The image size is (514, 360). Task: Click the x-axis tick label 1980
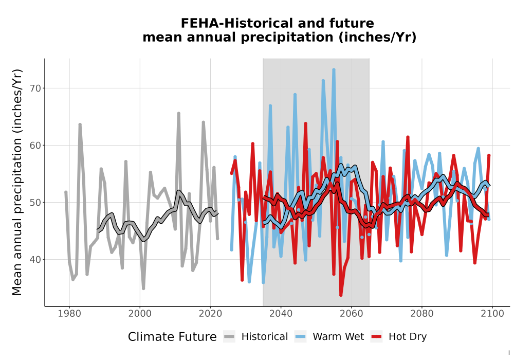tap(69, 314)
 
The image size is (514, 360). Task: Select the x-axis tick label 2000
tap(140, 314)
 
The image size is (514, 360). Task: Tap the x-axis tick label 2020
tap(210, 314)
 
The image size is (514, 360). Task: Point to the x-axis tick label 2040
tap(281, 314)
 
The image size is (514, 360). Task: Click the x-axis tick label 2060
tap(352, 314)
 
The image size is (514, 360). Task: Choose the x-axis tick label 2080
tap(422, 314)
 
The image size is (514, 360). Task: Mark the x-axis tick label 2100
tap(492, 314)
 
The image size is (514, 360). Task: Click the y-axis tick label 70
tap(35, 88)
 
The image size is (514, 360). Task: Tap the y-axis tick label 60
tap(35, 146)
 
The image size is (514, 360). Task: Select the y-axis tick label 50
tap(35, 203)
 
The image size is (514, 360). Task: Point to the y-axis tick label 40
tap(35, 260)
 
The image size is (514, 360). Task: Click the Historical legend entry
tap(255, 337)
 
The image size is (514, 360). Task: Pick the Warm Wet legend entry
tap(329, 337)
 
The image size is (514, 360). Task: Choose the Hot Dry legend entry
tap(399, 337)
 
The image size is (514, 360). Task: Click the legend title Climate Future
tap(172, 337)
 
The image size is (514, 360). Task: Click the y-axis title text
tap(17, 182)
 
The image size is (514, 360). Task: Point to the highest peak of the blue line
tap(334, 69)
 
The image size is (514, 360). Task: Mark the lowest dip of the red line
tap(341, 295)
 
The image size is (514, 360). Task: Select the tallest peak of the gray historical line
tap(179, 113)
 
